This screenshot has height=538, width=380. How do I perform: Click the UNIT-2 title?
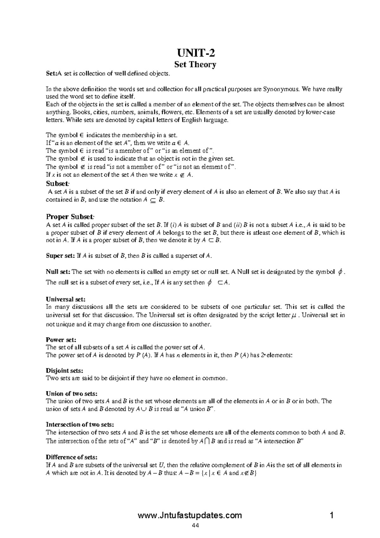[195, 52]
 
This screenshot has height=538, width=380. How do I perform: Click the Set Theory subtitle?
[195, 65]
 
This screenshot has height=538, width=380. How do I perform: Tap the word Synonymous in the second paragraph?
[280, 89]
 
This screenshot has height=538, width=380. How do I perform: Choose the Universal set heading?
[66, 299]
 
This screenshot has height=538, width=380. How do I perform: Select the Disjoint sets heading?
[65, 370]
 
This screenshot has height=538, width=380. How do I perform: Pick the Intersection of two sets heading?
[80, 425]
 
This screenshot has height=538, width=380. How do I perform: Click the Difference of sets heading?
[72, 457]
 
